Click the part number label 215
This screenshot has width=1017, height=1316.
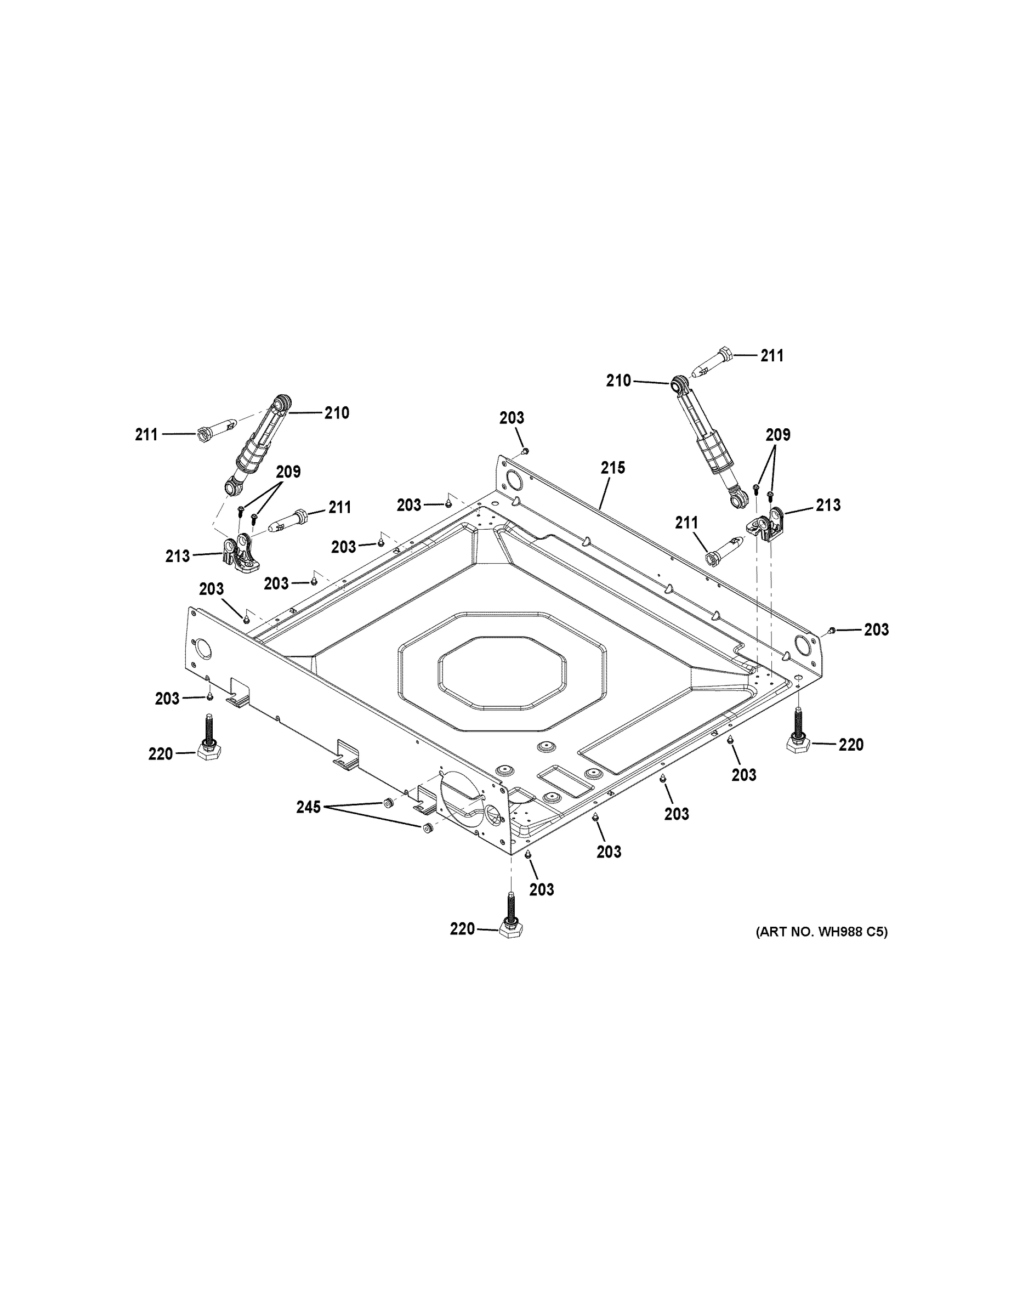(613, 468)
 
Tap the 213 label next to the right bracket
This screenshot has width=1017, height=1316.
(828, 505)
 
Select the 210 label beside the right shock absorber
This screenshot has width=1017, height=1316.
(618, 381)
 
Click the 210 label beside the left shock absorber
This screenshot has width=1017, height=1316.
(337, 413)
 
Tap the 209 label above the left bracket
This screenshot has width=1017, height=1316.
(288, 472)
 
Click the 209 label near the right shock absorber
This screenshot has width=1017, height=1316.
(778, 434)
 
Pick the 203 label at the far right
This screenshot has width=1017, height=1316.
(876, 629)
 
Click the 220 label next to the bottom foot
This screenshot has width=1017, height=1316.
(462, 929)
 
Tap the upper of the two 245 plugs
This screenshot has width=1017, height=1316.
(388, 803)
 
